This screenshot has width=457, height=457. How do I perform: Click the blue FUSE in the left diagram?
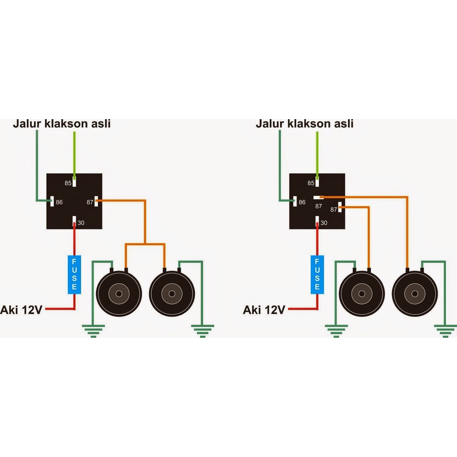tap(74, 274)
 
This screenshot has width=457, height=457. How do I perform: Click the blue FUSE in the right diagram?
tap(317, 274)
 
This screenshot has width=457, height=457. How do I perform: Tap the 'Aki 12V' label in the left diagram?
tap(21, 309)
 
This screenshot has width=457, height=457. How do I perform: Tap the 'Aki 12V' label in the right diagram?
tap(264, 309)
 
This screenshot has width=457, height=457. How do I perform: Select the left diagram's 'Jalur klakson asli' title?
tap(62, 124)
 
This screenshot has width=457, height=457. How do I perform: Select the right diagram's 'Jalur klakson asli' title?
tap(304, 124)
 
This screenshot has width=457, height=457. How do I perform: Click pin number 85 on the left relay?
tap(68, 183)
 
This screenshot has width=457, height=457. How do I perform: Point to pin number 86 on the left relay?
tap(59, 202)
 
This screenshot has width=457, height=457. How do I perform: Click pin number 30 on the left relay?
tap(81, 223)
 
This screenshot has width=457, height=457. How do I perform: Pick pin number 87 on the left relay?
tap(90, 202)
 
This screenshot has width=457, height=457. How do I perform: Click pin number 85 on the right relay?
tap(311, 183)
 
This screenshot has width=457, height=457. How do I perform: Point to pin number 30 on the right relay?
tap(324, 223)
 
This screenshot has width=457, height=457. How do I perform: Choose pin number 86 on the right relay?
tap(302, 202)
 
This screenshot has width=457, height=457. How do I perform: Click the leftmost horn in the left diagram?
tap(119, 293)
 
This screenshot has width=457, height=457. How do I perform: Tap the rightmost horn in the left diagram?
tap(172, 293)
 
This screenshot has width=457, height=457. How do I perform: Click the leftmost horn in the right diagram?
tap(361, 293)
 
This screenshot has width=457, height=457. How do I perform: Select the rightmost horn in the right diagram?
tap(415, 293)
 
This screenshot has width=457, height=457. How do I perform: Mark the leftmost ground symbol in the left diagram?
tap(93, 331)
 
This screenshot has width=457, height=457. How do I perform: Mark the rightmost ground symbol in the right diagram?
tap(445, 331)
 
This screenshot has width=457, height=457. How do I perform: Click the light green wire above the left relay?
tap(74, 152)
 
